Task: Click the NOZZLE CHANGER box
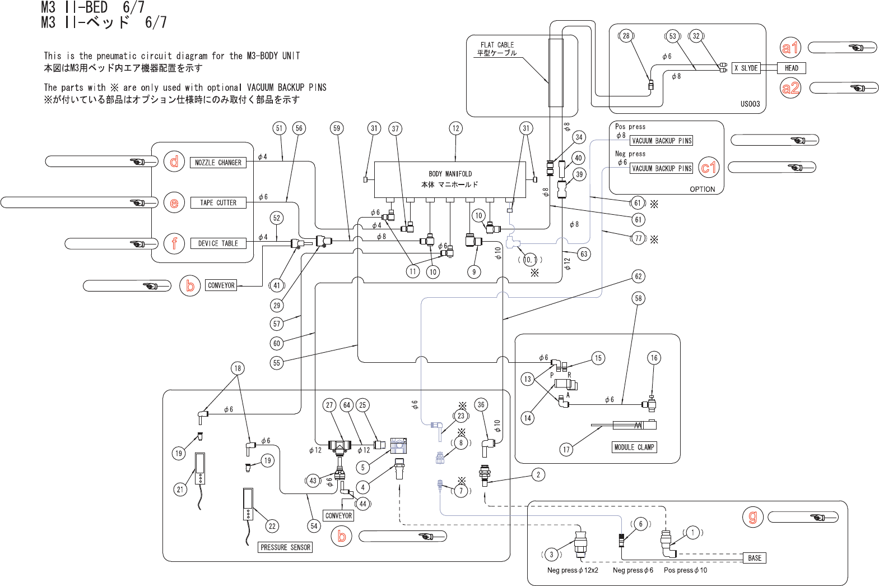(x=218, y=163)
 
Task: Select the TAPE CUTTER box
(x=218, y=203)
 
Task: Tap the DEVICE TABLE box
(x=218, y=243)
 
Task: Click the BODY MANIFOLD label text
(x=450, y=174)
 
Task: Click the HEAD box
(x=791, y=68)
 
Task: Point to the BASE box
(x=754, y=558)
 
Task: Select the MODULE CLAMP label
(x=634, y=447)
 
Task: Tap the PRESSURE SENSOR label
(x=285, y=547)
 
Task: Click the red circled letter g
(x=752, y=516)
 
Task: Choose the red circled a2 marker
(x=790, y=88)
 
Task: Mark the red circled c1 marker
(x=709, y=167)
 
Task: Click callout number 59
(x=337, y=128)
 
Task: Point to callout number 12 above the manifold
(x=455, y=128)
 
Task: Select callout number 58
(x=638, y=298)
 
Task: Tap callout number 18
(x=238, y=368)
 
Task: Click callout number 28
(x=626, y=36)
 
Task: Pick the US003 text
(x=750, y=104)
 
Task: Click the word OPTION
(x=702, y=190)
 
